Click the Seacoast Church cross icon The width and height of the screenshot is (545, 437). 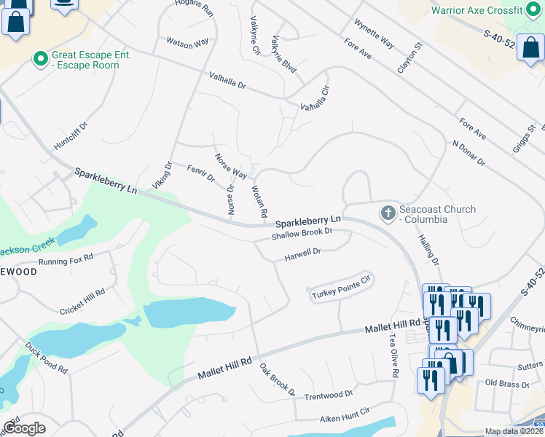[x=388, y=213]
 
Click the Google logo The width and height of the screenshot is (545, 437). [x=24, y=428]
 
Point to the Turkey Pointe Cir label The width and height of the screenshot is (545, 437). [x=342, y=286]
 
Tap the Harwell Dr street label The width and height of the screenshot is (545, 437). [x=302, y=253]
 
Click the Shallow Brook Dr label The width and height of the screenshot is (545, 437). [x=302, y=234]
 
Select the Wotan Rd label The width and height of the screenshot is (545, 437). [x=259, y=202]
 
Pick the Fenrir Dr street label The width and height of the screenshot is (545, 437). [x=201, y=173]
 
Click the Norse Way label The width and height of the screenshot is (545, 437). [x=230, y=166]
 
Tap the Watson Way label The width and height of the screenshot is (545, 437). [x=188, y=44]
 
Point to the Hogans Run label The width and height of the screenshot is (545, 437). [x=195, y=8]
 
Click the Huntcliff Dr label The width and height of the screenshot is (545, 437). [x=75, y=136]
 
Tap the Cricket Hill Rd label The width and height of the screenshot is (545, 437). [x=82, y=301]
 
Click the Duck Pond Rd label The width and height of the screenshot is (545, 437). [x=46, y=358]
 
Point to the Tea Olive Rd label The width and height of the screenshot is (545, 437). [x=393, y=356]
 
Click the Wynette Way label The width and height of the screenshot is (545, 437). [x=374, y=34]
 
